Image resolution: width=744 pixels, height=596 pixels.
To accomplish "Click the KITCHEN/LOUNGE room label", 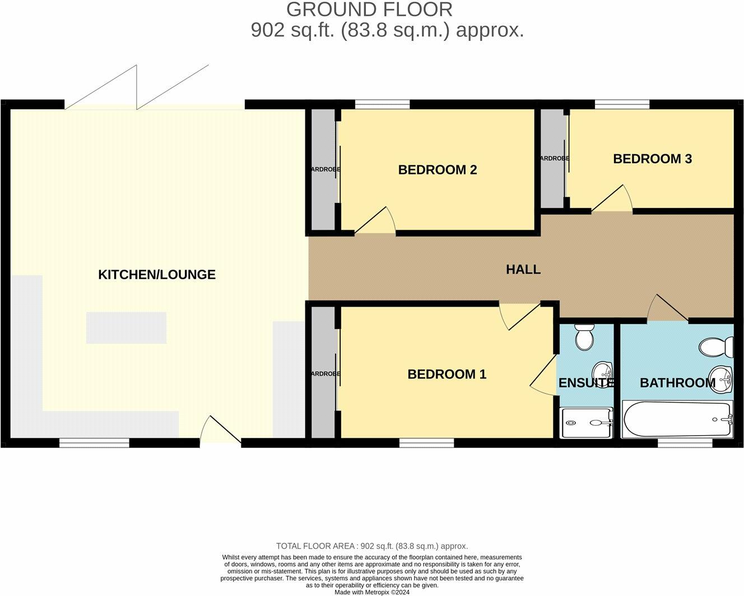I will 156,274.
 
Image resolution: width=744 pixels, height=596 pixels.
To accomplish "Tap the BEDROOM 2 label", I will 437,169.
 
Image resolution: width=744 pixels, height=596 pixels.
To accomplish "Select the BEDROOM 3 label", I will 652,159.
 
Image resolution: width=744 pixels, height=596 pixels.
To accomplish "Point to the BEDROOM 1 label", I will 447,374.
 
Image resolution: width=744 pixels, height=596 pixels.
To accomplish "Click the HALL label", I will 523,269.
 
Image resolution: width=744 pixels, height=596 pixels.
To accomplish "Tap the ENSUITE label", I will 586,383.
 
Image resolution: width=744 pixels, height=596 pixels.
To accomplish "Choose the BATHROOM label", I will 677,383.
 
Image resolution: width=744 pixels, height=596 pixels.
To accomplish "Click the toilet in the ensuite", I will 584,336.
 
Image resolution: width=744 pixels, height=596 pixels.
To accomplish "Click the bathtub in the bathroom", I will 677,420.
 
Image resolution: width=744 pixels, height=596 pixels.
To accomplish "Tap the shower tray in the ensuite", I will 587,423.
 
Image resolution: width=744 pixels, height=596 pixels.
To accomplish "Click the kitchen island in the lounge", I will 126,327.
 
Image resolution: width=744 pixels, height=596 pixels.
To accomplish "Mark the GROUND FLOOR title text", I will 369,10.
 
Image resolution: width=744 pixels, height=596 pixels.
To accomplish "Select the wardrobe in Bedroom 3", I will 552,159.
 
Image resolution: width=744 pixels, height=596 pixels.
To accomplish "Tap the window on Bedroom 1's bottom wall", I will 426,443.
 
